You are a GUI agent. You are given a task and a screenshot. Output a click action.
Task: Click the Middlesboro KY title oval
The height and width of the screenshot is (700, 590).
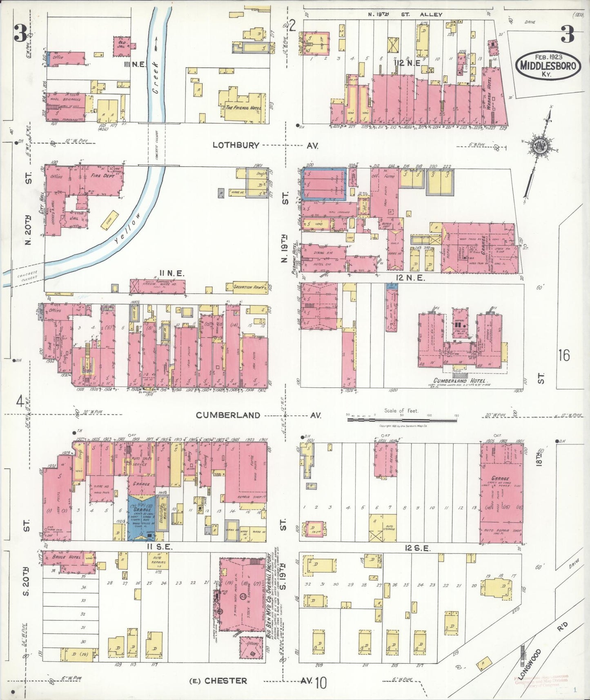pos(548,65)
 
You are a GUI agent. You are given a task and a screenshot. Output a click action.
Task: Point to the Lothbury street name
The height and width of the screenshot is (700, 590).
pos(236,145)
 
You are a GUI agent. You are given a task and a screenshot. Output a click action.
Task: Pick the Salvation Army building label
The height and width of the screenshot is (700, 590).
pos(248,287)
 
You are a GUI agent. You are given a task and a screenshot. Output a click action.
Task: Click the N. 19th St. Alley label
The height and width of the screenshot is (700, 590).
pos(405,14)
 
